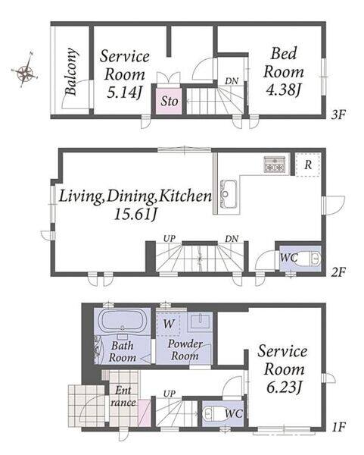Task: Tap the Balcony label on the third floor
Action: point(71,71)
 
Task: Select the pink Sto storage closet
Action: point(169,101)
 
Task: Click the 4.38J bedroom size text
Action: point(283,90)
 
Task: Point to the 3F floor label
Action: point(338,115)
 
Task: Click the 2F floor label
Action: point(338,272)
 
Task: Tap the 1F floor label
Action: point(338,427)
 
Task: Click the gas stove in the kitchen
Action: point(275,165)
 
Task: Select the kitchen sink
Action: point(229,193)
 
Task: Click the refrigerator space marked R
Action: point(308,165)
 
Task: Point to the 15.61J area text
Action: point(135,215)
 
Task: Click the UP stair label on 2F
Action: point(170,239)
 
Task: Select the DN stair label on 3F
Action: point(232,81)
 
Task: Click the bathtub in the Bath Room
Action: point(122,321)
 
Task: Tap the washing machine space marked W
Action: point(168,324)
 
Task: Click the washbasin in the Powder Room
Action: point(200,322)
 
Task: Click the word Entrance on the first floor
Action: point(123,397)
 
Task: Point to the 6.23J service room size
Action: point(285,388)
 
